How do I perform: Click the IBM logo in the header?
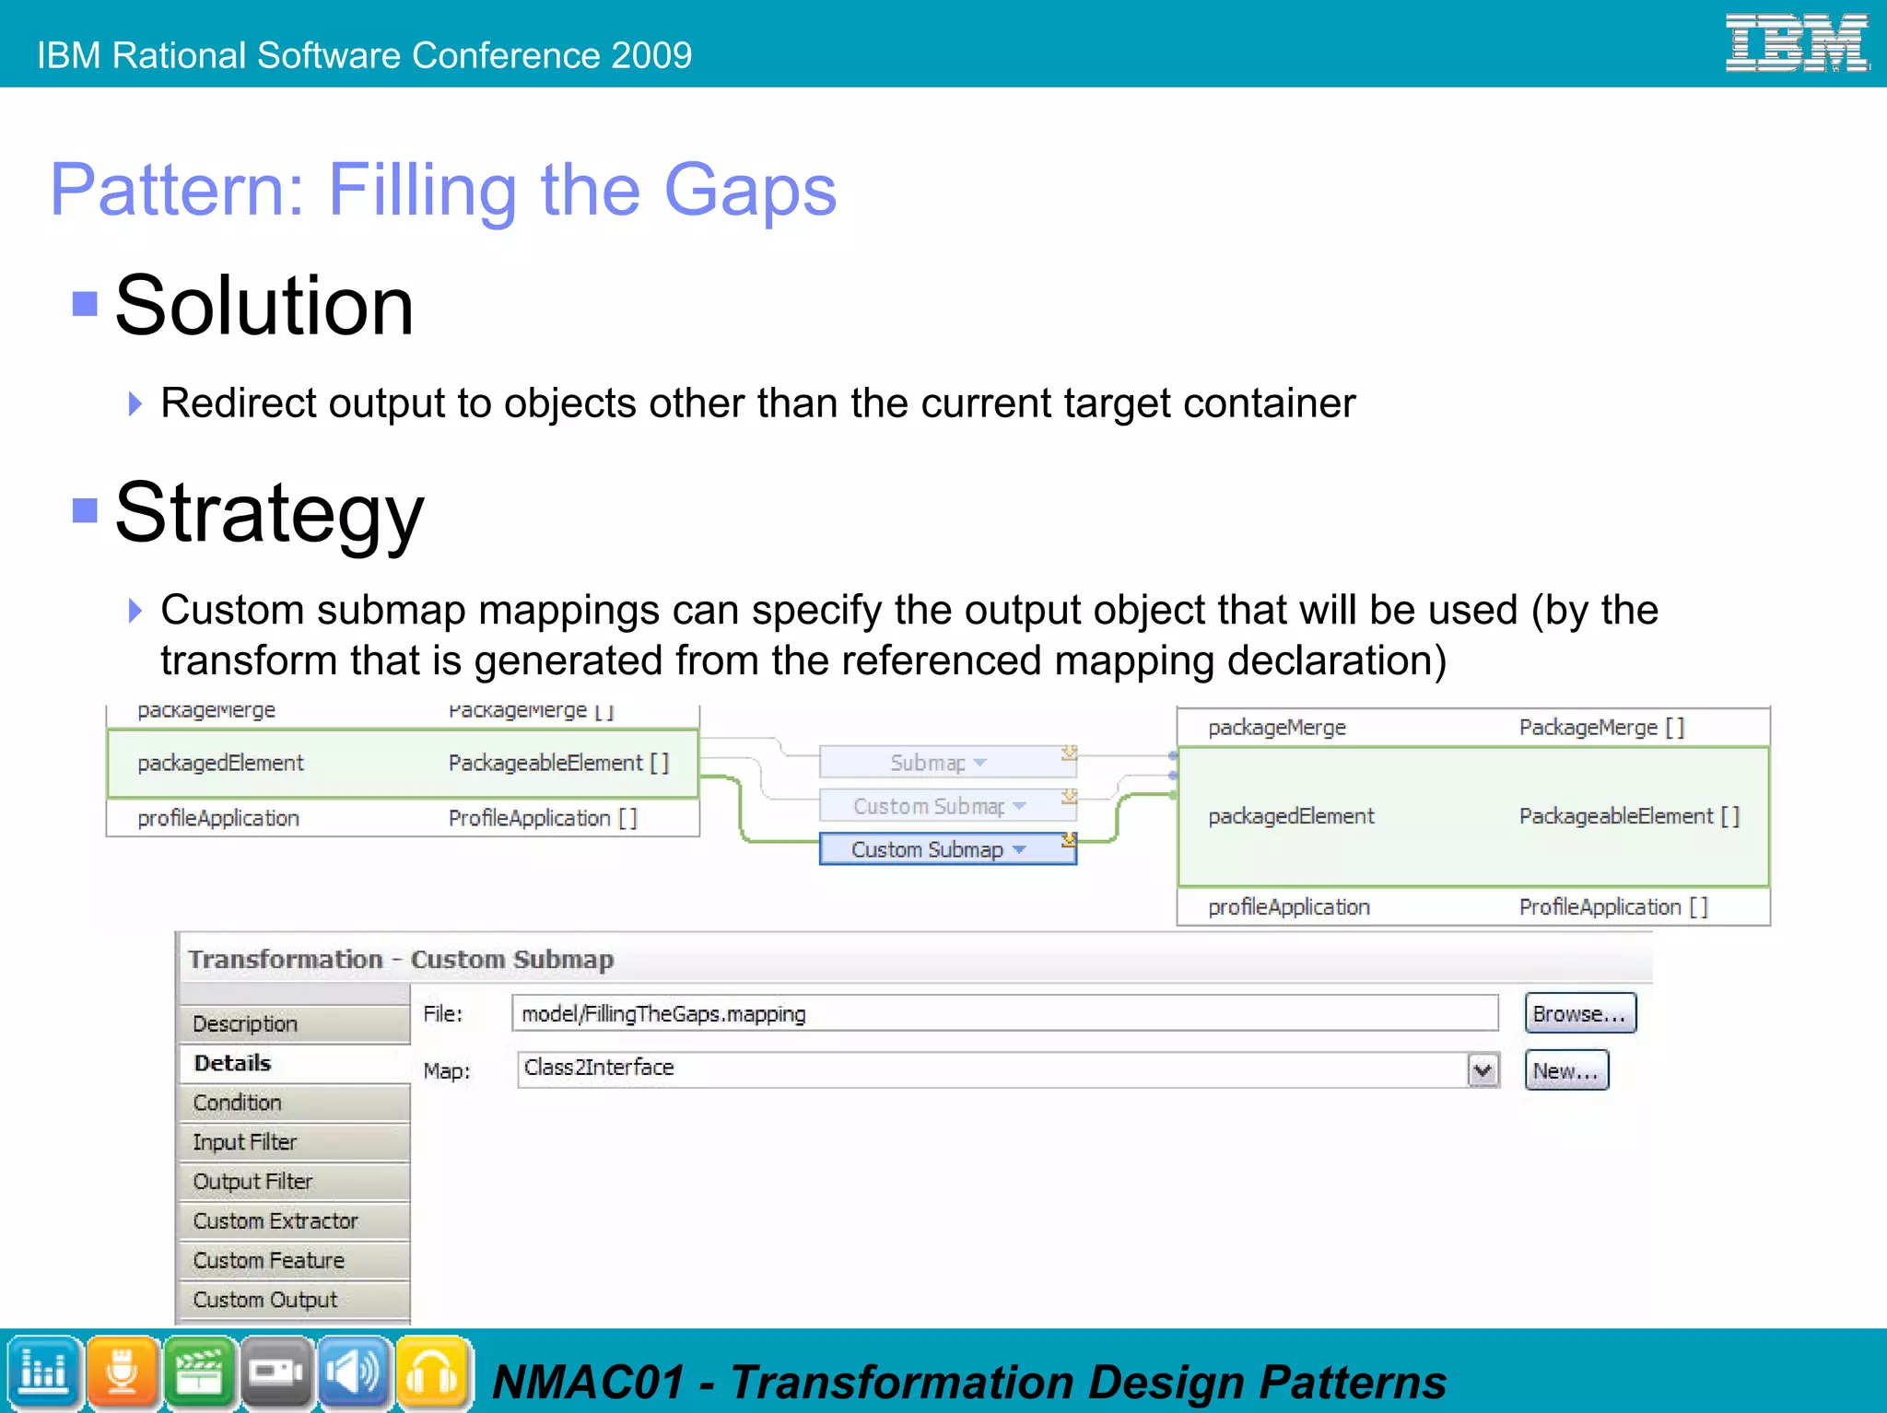1796,43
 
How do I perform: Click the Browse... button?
1579,1013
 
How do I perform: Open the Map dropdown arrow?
1483,1070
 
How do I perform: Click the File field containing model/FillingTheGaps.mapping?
1003,1013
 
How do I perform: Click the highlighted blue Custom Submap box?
947,849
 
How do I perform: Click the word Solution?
264,306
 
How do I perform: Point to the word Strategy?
269,513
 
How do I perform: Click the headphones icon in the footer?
433,1372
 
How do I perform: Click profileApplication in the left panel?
218,818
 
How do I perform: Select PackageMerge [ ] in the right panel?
1601,728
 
